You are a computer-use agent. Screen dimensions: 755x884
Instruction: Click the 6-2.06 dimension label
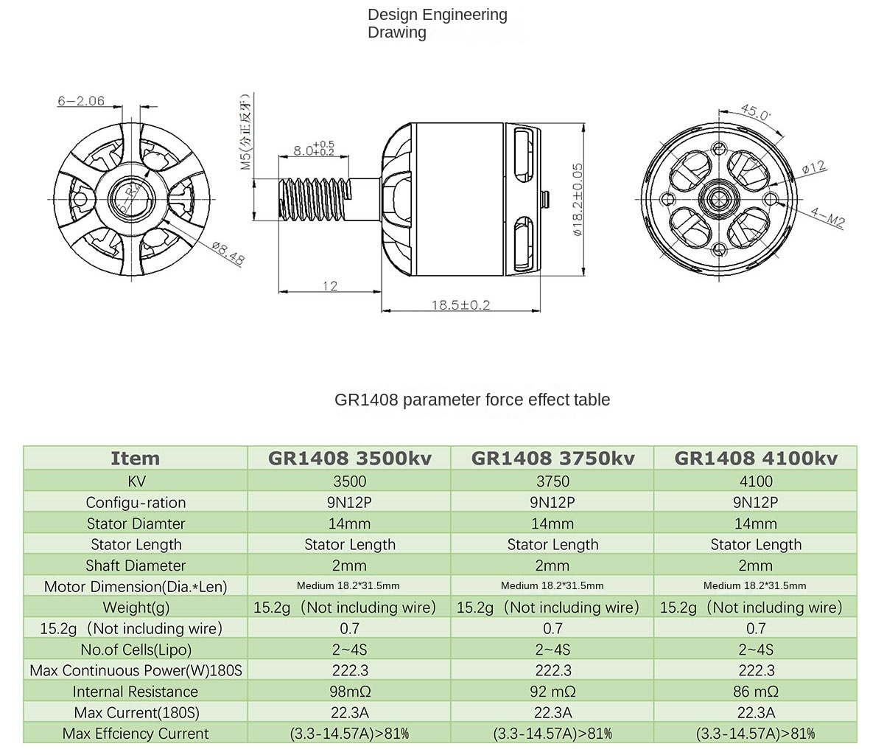pos(81,101)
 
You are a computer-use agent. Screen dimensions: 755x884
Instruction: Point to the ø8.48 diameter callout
pos(228,253)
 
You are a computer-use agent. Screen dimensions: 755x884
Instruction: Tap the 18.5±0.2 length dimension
pos(460,305)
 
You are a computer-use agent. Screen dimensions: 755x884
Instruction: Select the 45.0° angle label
pos(755,113)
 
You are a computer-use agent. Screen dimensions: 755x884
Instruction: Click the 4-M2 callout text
pos(827,218)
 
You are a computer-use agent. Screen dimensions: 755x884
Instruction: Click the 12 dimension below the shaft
pos(330,285)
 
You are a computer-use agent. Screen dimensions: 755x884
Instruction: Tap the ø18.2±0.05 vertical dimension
pos(578,198)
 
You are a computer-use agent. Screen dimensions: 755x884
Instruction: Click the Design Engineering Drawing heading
pos(437,24)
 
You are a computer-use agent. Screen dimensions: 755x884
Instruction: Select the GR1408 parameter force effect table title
pos(472,400)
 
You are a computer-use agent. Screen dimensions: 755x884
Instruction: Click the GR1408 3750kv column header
pos(552,458)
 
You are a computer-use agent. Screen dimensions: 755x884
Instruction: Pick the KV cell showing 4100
pos(756,481)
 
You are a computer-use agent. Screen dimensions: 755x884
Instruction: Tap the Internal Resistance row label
pos(136,692)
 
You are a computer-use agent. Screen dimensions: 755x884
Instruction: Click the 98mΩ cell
pos(349,692)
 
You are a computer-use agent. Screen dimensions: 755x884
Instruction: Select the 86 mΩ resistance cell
pos(756,692)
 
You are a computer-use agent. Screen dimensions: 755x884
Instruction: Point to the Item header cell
pos(136,458)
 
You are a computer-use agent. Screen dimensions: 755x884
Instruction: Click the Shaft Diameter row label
pos(136,566)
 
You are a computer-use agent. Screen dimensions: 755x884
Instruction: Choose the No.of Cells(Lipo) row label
pos(136,650)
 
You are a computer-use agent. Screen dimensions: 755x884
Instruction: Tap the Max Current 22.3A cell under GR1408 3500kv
pos(349,712)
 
